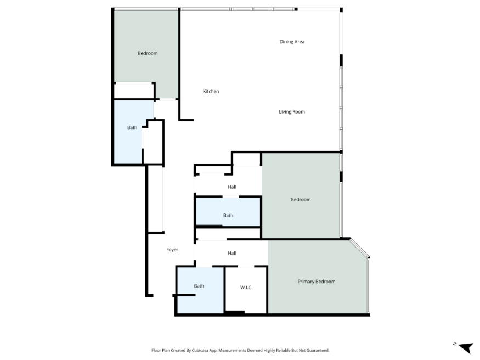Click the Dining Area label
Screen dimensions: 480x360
tap(292, 42)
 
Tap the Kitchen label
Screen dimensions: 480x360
tap(211, 91)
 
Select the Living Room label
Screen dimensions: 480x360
tap(292, 112)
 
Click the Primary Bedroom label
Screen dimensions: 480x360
tap(316, 282)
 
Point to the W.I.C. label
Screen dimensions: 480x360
tap(246, 288)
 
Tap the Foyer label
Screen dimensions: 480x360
tap(172, 250)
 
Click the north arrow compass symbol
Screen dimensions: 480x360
tap(466, 347)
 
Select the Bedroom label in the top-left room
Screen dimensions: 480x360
tap(148, 53)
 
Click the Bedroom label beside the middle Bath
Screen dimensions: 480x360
tap(301, 200)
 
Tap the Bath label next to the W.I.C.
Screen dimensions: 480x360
tap(199, 286)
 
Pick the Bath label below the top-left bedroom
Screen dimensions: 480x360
tap(132, 127)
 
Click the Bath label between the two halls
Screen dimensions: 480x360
tap(228, 216)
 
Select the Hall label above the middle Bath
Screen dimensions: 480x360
tap(231, 187)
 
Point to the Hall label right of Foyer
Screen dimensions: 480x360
tap(231, 253)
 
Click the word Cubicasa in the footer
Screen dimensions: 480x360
tap(200, 351)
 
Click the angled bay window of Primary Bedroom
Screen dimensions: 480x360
tap(359, 248)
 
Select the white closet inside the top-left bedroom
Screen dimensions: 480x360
tap(134, 91)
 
